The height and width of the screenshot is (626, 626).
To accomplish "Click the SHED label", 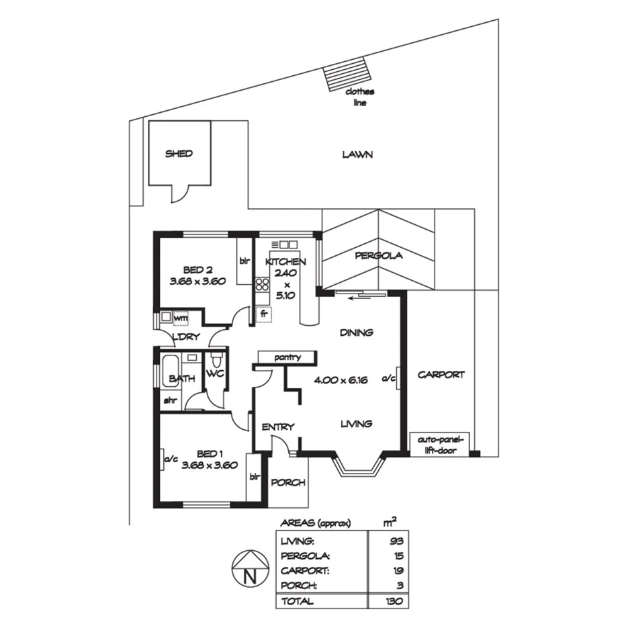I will (179, 154).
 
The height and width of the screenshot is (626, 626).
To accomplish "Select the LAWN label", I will (357, 154).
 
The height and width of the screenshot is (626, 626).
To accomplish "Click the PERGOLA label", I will (379, 256).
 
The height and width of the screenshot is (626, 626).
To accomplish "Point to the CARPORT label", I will (441, 375).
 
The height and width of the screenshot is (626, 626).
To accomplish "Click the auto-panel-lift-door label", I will (441, 446).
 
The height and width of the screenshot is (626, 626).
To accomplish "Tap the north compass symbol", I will (249, 568).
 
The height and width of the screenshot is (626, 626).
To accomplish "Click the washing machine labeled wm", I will (180, 318).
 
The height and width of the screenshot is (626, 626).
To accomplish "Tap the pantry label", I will (287, 358).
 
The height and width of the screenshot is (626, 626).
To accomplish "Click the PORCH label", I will (289, 482).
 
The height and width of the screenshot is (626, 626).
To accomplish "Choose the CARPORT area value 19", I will (396, 570).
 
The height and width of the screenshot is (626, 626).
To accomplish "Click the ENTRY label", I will (278, 427).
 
